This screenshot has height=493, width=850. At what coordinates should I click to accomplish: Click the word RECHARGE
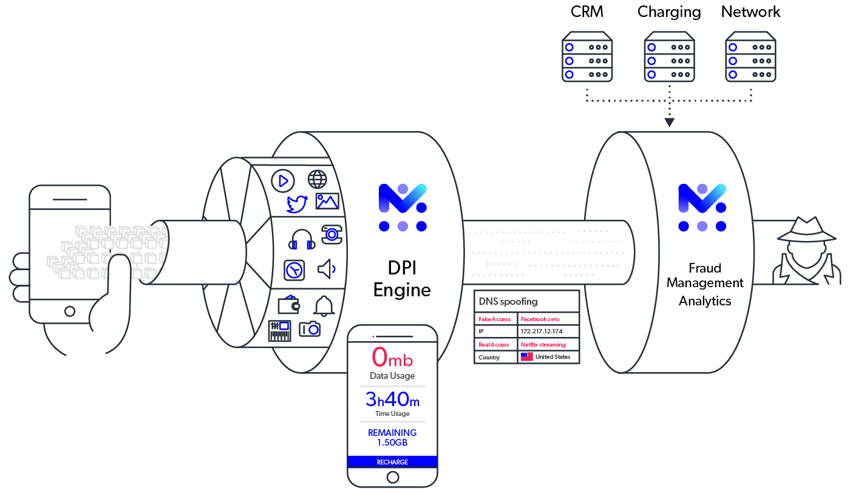392,462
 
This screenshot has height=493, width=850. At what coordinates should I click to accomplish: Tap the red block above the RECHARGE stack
404,359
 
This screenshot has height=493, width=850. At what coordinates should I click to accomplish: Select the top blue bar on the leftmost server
577,48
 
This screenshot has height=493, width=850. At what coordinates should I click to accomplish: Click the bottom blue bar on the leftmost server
577,75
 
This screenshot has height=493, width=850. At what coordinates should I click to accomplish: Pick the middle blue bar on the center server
659,62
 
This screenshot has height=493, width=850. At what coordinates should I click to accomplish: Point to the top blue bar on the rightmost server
740,48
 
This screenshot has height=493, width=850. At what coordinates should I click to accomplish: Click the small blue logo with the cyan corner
403,208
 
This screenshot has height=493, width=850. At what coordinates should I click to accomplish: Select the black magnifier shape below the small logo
402,297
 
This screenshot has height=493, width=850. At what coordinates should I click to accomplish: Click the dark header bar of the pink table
528,305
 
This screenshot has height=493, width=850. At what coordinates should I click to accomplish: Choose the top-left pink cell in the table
497,321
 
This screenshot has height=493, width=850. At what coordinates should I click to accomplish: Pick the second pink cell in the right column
549,346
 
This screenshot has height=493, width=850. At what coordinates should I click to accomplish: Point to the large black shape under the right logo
704,322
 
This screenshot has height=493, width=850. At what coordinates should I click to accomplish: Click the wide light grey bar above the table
552,273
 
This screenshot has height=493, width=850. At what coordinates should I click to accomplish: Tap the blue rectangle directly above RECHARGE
402,441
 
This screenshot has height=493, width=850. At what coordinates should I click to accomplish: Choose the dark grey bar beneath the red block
403,379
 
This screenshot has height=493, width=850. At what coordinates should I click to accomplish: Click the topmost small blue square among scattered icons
284,182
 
